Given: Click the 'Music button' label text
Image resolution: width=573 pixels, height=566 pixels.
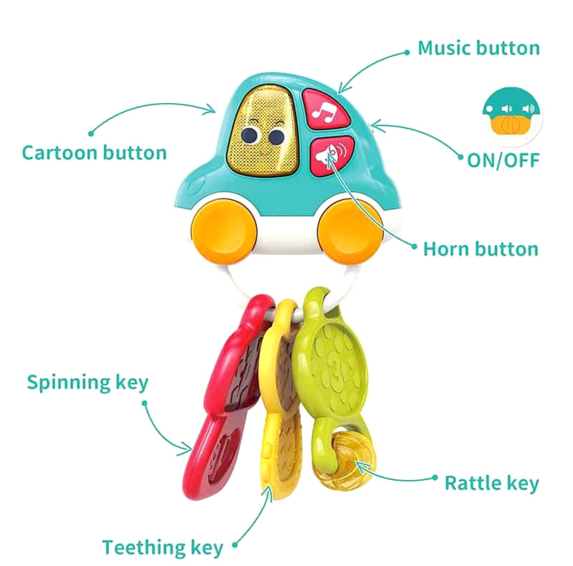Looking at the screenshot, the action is (478, 48).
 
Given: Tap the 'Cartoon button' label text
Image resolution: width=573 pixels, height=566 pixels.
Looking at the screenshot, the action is (95, 153).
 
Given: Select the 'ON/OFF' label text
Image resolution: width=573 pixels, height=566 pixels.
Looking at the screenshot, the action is (504, 160).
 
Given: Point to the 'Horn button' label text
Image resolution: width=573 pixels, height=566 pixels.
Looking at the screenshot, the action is (481, 249).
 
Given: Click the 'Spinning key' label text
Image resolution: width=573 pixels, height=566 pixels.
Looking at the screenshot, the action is (87, 383).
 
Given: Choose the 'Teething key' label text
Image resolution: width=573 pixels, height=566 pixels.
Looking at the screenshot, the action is (163, 547).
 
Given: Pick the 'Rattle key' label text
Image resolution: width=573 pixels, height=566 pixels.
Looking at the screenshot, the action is (492, 484).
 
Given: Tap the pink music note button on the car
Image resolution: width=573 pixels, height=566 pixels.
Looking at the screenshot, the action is (324, 110).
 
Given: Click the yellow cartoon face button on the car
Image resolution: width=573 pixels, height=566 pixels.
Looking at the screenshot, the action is (262, 130).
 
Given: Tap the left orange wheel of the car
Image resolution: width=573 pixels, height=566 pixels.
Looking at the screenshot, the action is (224, 231).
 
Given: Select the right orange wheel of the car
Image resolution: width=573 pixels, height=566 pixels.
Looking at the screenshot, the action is (350, 231).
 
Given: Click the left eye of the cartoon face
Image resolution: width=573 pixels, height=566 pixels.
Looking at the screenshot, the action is (249, 135).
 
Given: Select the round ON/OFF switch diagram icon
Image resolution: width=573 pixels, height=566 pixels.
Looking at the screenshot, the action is (511, 116).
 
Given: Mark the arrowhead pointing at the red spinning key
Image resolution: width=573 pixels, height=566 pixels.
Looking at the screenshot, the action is (185, 449).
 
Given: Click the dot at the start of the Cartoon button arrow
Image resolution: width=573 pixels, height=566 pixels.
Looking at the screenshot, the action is (91, 133).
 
